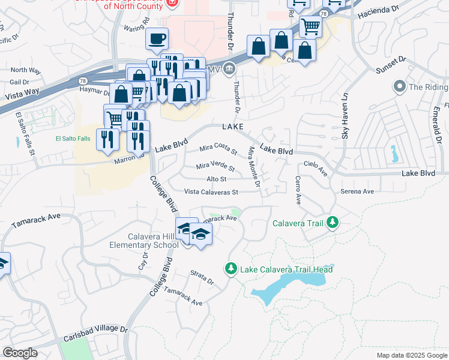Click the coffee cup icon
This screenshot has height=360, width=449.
(157, 40)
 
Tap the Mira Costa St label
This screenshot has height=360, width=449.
(218, 148)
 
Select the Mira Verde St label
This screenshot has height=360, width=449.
(215, 167)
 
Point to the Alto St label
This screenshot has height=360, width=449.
(216, 179)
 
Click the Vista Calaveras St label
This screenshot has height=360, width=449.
(211, 192)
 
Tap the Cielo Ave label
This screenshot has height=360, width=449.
(316, 168)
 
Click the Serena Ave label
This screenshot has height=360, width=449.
(357, 191)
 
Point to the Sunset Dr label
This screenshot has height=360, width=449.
(391, 65)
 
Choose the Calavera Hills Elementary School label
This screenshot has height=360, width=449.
(144, 240)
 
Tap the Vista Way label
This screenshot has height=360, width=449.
(22, 94)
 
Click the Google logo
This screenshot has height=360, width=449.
(20, 353)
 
